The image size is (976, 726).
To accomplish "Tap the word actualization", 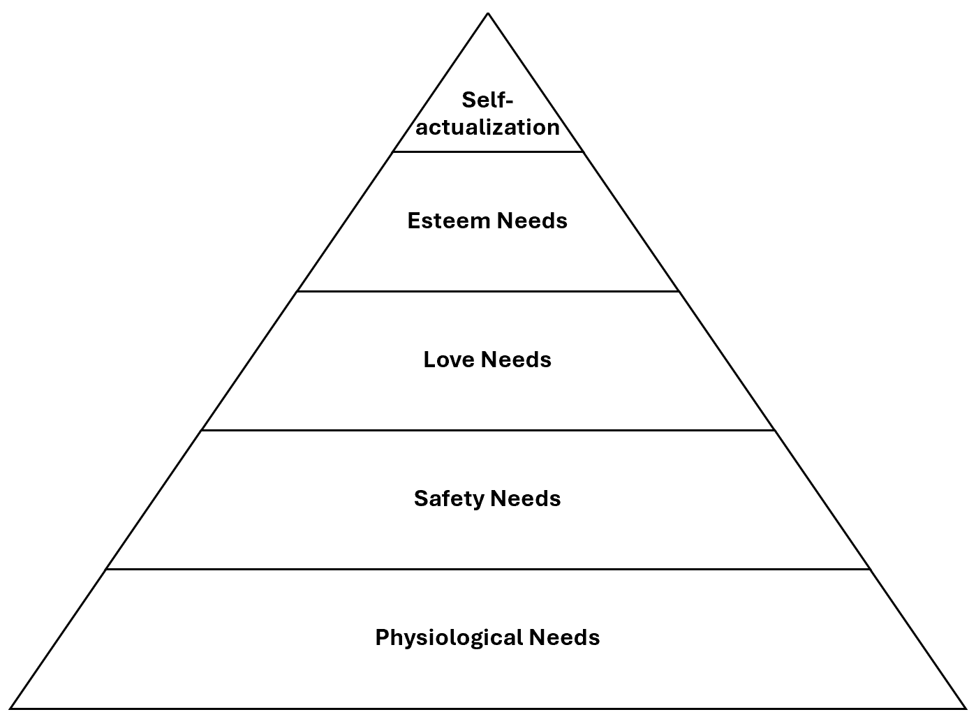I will pos(488,127).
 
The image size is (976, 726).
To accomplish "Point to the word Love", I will pos(448,360).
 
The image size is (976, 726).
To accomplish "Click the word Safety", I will pos(449,498).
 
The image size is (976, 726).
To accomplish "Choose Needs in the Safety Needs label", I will pos(526,498).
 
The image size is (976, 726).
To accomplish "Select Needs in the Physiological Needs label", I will pos(564,637).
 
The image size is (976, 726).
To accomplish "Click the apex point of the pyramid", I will pos(488,13).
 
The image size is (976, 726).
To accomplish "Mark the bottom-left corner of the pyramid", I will pos(11,709).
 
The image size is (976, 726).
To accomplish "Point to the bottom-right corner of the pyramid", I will pos(966,709).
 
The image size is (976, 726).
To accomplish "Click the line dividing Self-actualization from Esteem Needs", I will pos(488,151).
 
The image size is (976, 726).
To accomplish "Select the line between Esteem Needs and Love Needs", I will pos(488,291).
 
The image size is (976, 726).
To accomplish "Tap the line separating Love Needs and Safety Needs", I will pos(488,430).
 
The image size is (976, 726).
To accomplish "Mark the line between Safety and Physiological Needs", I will pos(488,569).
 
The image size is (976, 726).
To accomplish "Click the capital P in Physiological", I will pos(382,637).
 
